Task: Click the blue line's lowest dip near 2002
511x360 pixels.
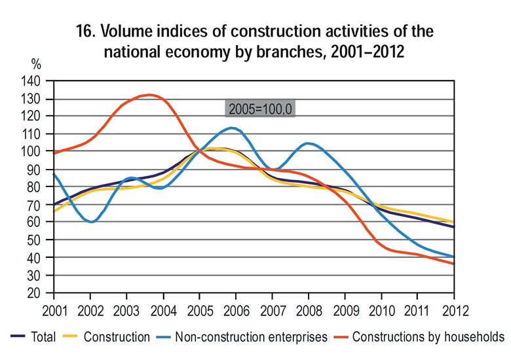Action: tap(91, 222)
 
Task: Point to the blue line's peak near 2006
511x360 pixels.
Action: tap(231, 128)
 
